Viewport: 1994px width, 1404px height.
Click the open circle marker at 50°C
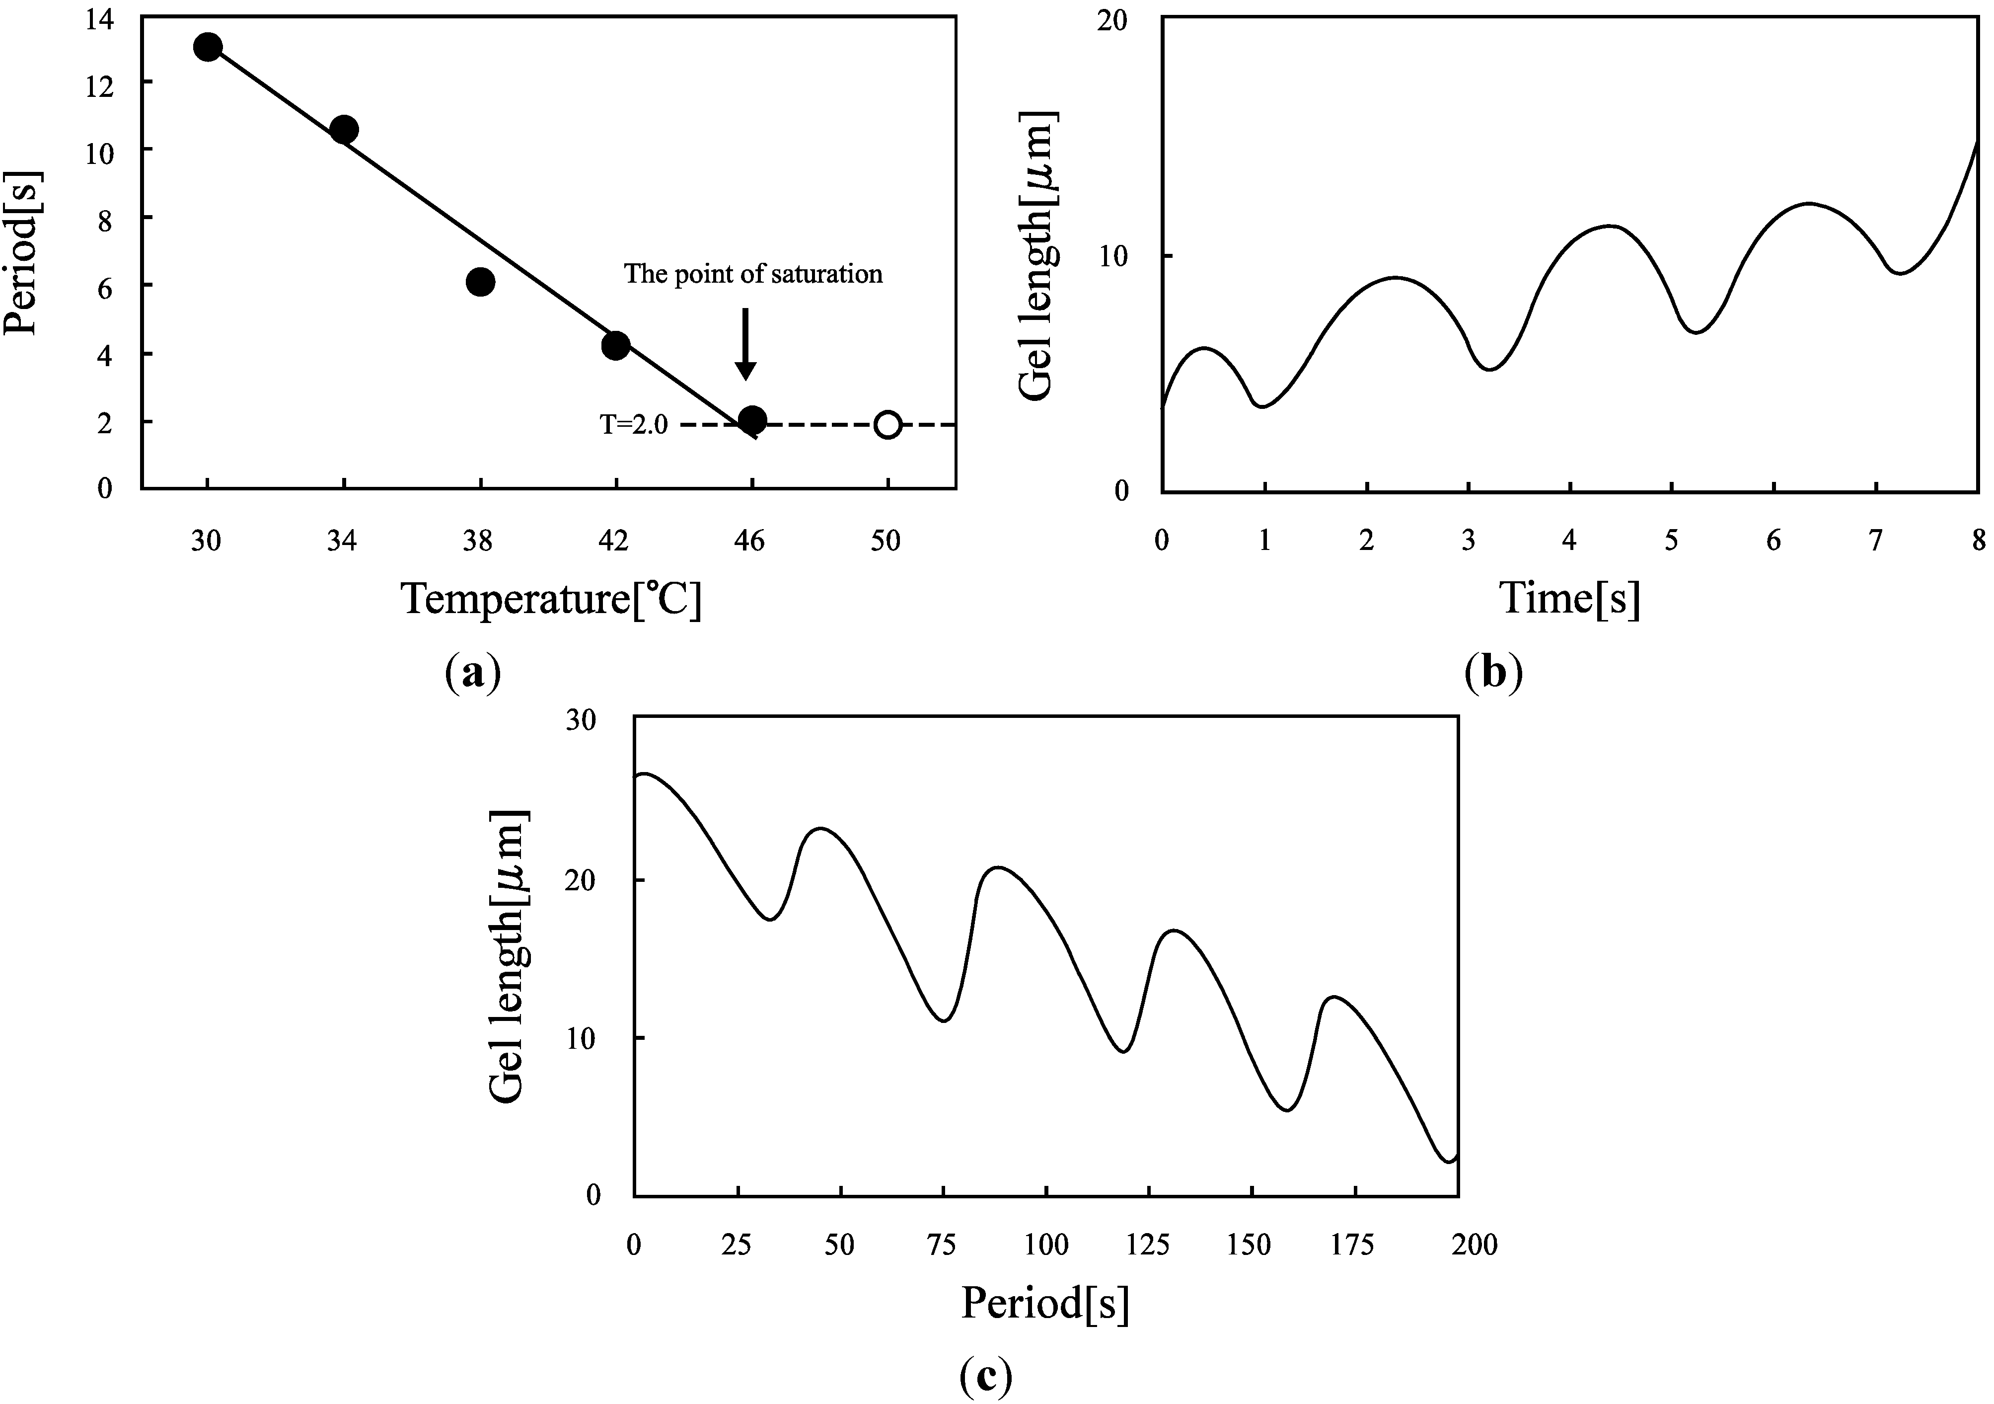[x=886, y=425]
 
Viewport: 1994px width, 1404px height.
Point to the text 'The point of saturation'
[x=753, y=275]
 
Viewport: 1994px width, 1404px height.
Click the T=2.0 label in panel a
[x=634, y=425]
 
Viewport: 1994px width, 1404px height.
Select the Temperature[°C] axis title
[x=551, y=600]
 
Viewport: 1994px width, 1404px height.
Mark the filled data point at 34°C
[x=344, y=130]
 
